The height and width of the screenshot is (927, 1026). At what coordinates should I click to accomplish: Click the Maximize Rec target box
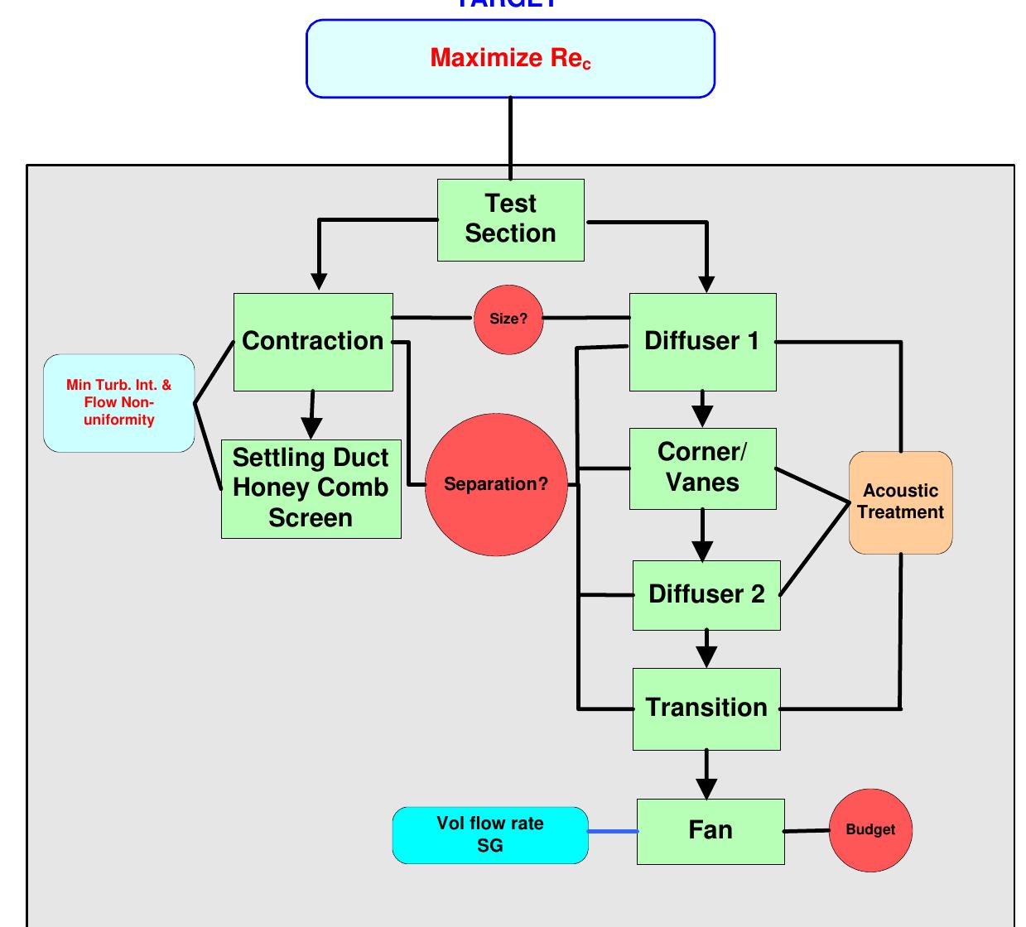tap(510, 59)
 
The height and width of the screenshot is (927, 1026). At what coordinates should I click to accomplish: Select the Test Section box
tap(510, 219)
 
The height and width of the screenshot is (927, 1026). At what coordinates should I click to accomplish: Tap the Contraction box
tap(313, 341)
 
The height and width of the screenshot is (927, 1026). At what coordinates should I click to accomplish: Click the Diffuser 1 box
tap(702, 341)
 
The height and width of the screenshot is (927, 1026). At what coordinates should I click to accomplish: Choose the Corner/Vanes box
tap(702, 468)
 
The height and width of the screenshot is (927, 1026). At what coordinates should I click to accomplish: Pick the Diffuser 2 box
tap(706, 594)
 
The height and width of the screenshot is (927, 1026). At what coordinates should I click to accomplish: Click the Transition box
tap(706, 708)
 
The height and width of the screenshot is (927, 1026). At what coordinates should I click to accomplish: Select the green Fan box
tap(710, 831)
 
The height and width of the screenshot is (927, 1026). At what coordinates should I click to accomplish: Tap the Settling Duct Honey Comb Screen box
tap(311, 488)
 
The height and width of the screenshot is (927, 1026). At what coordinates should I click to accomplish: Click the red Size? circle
tap(508, 319)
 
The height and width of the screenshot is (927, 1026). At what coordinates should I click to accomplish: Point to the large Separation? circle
tap(496, 484)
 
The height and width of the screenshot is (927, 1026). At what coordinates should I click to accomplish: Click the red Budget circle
tap(870, 830)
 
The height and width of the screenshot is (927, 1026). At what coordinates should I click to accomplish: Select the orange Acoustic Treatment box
tap(900, 502)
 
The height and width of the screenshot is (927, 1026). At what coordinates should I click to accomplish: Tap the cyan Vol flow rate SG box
tap(490, 835)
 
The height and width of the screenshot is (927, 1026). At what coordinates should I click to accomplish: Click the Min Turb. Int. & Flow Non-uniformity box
tap(118, 403)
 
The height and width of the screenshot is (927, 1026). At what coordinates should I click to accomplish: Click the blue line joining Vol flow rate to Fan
tap(613, 831)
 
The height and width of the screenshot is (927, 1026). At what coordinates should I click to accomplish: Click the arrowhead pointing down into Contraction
tap(320, 281)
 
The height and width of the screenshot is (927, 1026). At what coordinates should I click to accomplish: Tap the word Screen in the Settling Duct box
tap(311, 519)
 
